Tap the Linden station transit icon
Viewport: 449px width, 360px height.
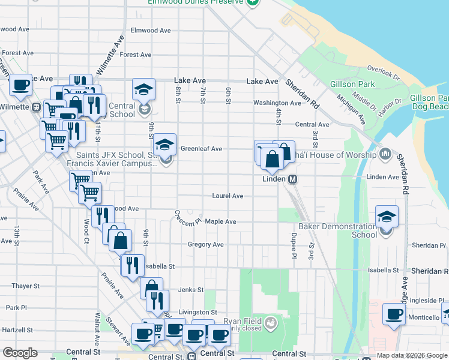tap(293, 179)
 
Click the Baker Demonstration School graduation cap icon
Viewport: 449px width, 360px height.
tap(387, 217)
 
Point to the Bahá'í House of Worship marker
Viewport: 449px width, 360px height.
tap(385, 155)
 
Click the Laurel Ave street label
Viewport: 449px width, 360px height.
tap(228, 196)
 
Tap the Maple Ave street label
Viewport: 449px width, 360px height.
tap(220, 221)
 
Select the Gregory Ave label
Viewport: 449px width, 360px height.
tap(205, 245)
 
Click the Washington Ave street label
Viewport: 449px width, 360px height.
tap(277, 103)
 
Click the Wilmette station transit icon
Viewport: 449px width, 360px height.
tap(37, 107)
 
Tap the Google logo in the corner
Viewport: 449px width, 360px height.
tap(20, 353)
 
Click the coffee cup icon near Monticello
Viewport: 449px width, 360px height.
tap(394, 314)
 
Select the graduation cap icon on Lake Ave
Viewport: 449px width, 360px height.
tap(143, 89)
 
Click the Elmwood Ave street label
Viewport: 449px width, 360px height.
tap(144, 31)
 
